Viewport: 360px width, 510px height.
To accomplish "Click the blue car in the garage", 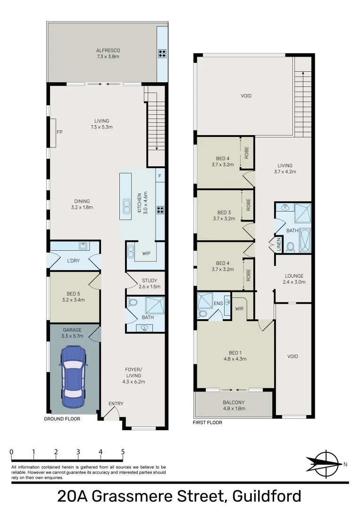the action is point(74,377).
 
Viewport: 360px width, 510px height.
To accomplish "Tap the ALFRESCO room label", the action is point(108,51).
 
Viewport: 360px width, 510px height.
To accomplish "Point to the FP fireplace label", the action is point(59,132).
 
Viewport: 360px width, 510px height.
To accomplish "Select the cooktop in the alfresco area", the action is point(162,54).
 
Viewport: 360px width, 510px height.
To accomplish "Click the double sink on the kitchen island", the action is point(126,205).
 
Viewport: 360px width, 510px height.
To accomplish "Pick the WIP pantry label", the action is point(146,254).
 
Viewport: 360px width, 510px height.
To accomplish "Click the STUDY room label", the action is point(150,280).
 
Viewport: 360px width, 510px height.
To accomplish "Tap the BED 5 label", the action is point(74,294).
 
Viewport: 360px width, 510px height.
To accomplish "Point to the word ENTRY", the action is point(116,404).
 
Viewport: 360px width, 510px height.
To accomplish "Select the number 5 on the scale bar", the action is point(123,452).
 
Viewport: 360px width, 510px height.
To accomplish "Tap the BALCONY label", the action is point(234,402).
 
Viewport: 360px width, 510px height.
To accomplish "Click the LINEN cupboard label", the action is point(279,245).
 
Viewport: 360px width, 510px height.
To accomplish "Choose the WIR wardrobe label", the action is point(239,308).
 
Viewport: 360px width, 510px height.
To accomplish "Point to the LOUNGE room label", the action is point(294,276).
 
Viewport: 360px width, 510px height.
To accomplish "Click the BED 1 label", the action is point(235,353).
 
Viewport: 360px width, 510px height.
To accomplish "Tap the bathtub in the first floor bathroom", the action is point(305,240).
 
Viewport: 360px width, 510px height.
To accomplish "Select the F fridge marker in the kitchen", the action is point(160,176).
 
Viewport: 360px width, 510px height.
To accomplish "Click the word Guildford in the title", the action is point(267,496).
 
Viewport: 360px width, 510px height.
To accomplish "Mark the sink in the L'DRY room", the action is point(84,246).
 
